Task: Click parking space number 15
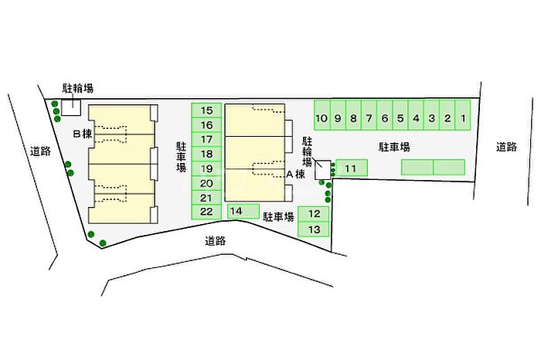(x=206, y=110)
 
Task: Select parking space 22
(x=206, y=212)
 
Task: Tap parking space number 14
(x=243, y=211)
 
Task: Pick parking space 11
(x=352, y=168)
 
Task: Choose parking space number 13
(x=313, y=229)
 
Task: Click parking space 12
(x=313, y=214)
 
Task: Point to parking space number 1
(x=463, y=115)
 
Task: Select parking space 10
(x=322, y=115)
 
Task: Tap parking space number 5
(x=400, y=115)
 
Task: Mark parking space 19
(x=206, y=168)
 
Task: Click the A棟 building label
(x=296, y=175)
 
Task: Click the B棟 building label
(x=83, y=134)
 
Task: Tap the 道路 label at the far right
(x=506, y=148)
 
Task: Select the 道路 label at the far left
(x=40, y=151)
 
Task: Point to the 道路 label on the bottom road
(x=216, y=241)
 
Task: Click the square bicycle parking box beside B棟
(x=71, y=107)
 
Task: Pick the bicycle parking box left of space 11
(x=322, y=170)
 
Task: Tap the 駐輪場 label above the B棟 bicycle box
(x=77, y=89)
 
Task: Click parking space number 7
(x=369, y=115)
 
